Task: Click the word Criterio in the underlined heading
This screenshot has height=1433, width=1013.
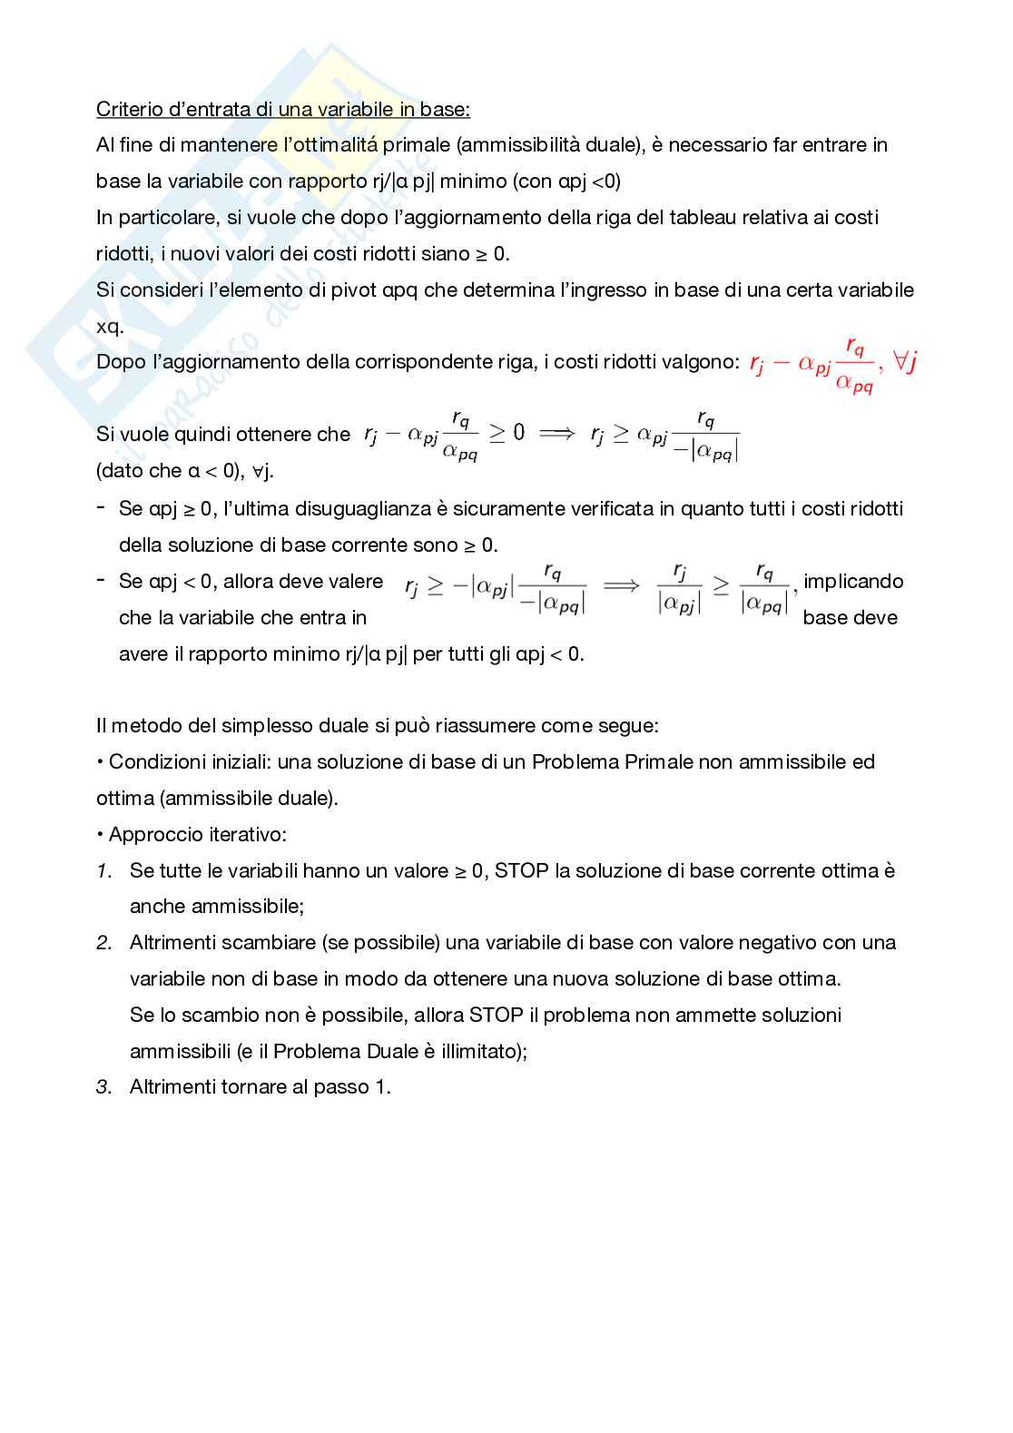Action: tap(126, 110)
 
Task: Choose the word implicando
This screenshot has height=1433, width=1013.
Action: tap(853, 582)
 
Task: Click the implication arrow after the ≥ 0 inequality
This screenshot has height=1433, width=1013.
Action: tap(556, 434)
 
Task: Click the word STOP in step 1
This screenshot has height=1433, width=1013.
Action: tap(521, 871)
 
